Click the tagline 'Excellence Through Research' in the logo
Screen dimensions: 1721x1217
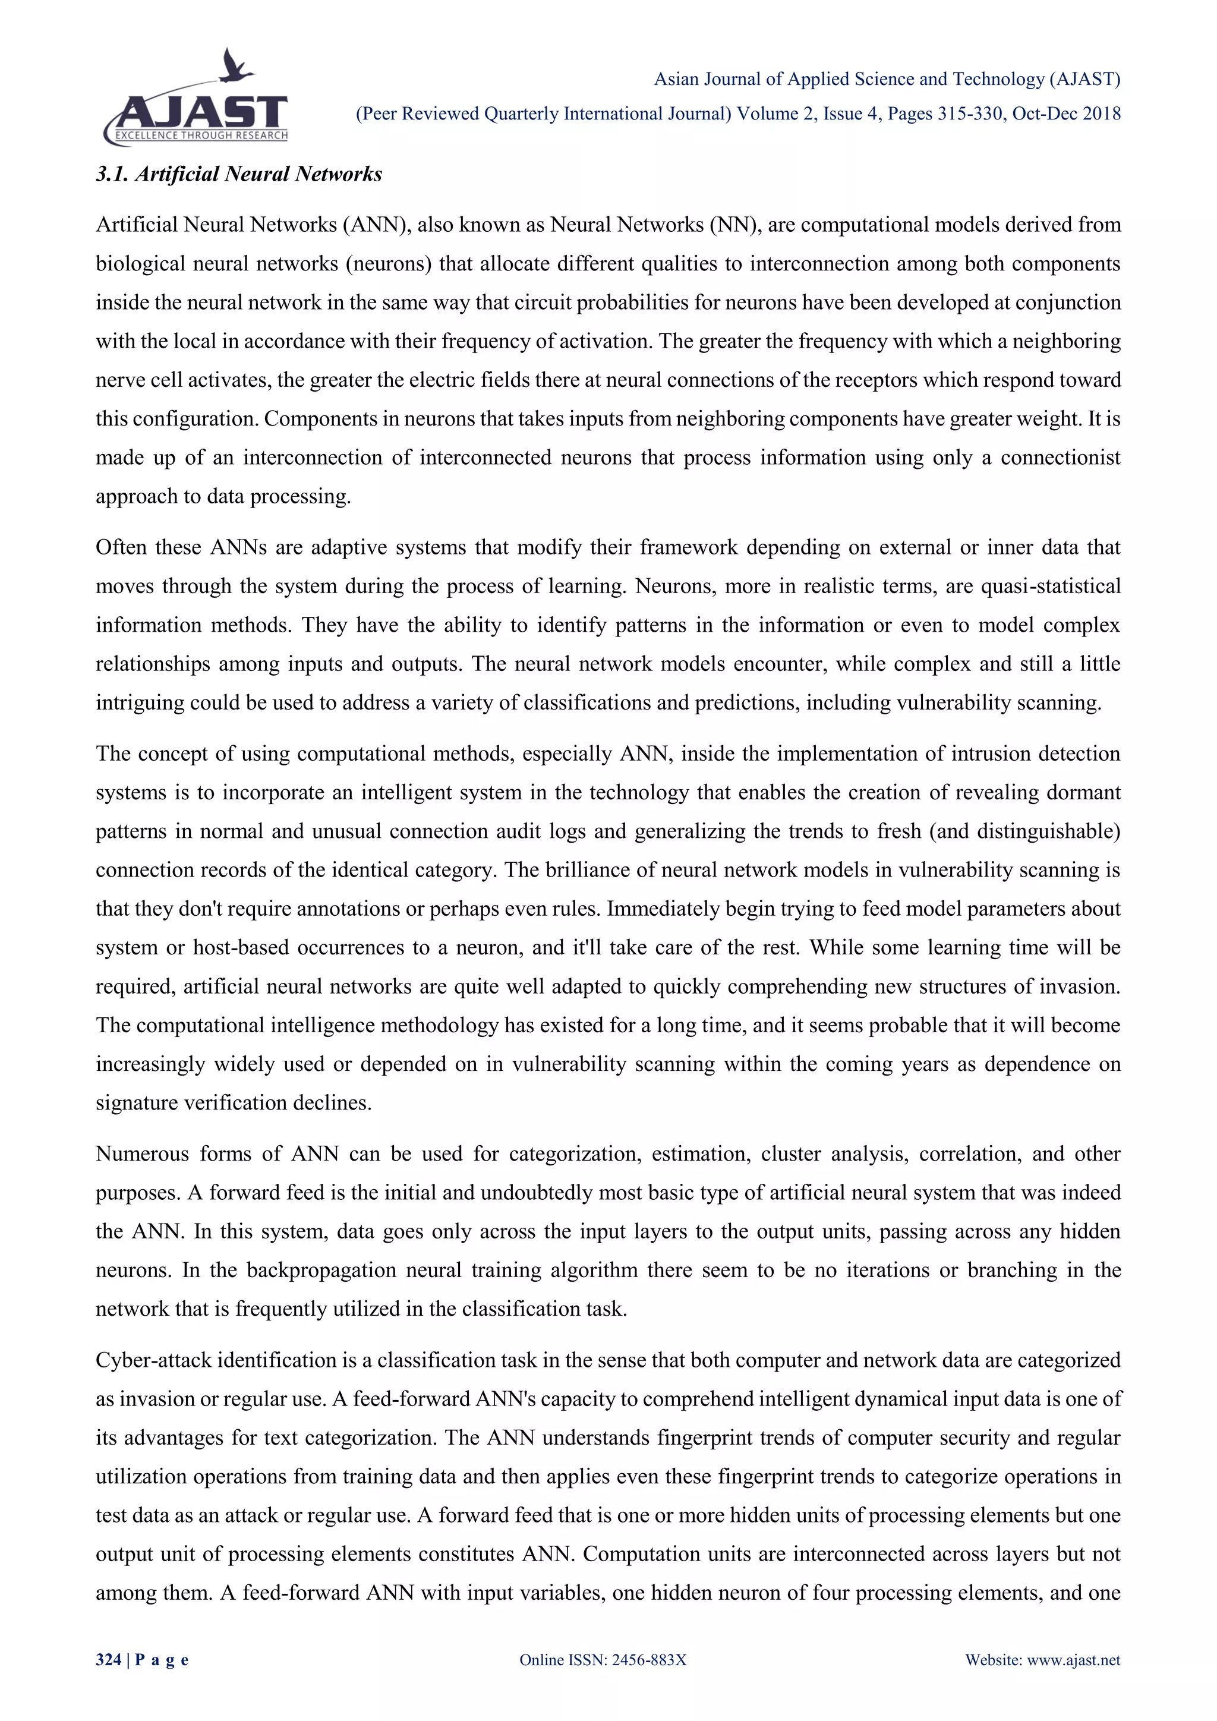coord(201,135)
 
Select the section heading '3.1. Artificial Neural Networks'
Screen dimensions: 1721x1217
coord(239,174)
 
